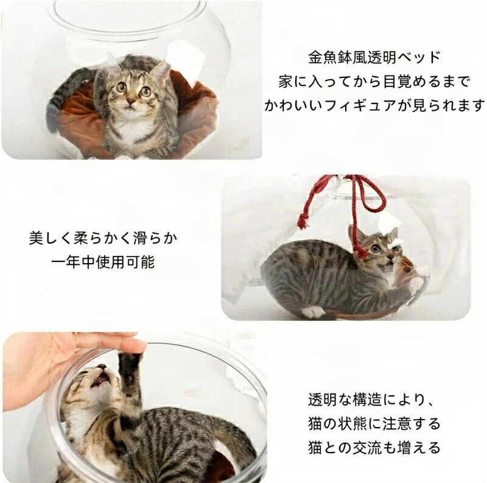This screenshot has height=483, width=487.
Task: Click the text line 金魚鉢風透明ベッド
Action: (374, 57)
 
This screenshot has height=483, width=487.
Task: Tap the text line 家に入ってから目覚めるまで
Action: (374, 82)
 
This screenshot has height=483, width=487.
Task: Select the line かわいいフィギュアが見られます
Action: (374, 106)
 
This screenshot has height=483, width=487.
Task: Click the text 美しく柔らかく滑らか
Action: (103, 238)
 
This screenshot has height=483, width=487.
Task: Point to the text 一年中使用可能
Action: (103, 263)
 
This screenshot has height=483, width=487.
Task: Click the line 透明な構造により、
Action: (370, 400)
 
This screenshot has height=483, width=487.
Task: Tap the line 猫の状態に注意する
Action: (374, 424)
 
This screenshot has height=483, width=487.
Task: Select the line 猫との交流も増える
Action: (374, 448)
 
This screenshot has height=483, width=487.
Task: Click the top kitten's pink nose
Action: (131, 102)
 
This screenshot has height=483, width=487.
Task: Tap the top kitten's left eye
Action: (121, 87)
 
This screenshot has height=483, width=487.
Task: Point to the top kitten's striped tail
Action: (60, 99)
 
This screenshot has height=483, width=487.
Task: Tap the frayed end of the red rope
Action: (301, 223)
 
